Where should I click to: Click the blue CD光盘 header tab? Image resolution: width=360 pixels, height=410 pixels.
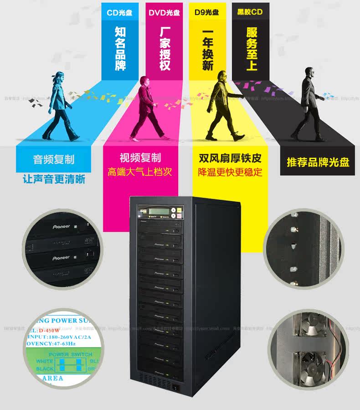119,12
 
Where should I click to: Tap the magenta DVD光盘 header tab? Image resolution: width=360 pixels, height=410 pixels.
164,12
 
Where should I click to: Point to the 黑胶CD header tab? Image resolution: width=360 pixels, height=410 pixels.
250,12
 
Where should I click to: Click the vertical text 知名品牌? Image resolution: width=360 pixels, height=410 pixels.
120,48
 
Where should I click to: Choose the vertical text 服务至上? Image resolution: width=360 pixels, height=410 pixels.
252,48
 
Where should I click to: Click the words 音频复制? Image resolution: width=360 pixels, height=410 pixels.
54,159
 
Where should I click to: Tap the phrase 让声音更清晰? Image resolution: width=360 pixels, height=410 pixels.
54,179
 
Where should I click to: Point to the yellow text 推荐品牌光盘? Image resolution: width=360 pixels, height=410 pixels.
318,162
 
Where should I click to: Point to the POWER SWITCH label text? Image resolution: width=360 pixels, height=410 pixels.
70,354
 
